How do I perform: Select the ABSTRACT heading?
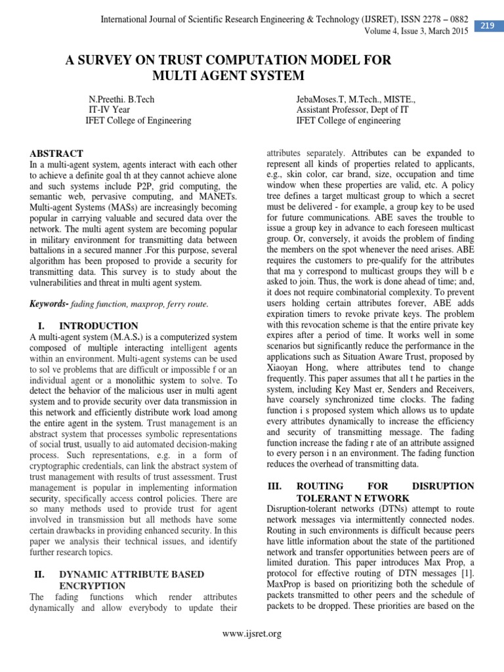click(56, 153)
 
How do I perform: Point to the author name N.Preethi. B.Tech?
click(121, 99)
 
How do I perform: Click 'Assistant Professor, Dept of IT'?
click(352, 110)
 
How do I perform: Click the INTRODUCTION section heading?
click(98, 326)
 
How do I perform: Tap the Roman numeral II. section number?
click(39, 574)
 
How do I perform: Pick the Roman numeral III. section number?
click(275, 486)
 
